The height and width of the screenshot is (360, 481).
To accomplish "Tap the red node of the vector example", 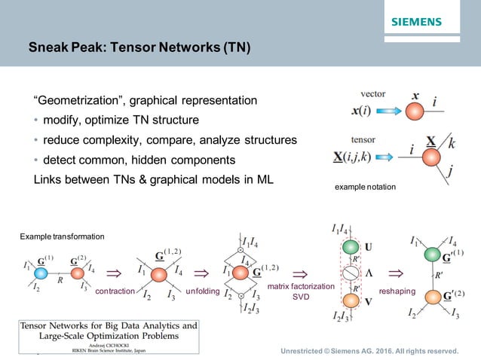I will (416, 111).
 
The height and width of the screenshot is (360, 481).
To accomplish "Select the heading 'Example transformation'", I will (62, 237).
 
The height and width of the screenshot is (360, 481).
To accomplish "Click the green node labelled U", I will (348, 246).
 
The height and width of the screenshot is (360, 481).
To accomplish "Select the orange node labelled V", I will (348, 301).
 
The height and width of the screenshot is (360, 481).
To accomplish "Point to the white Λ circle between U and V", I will (348, 273).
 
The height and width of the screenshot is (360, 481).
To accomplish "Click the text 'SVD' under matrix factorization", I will (302, 297).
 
